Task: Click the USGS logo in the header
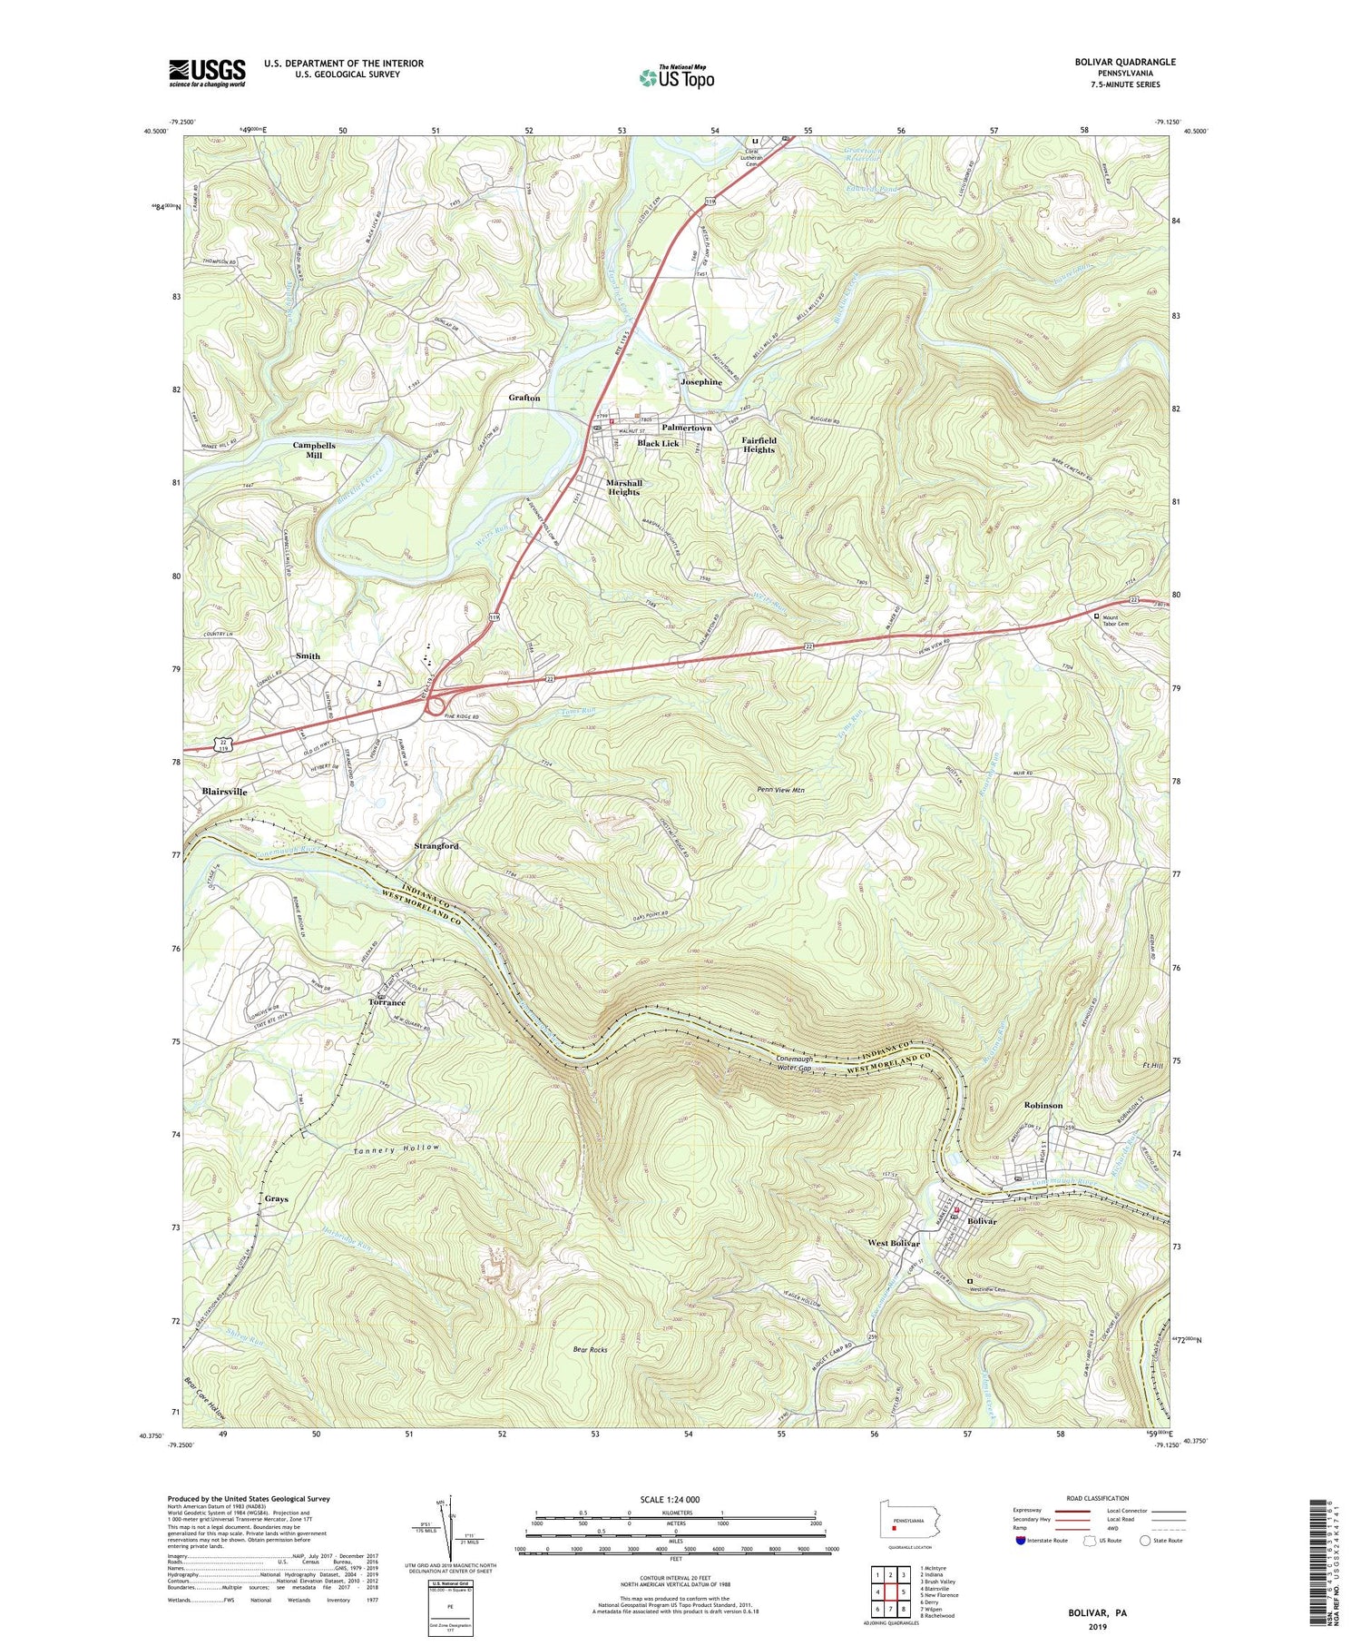(207, 73)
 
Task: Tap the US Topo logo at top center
(676, 78)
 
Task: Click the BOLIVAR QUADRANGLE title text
(1125, 62)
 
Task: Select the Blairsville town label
(224, 792)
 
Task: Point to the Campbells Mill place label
(314, 450)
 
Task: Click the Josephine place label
(701, 382)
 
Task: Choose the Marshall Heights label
(623, 488)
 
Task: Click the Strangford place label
(436, 846)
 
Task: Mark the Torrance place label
(387, 1002)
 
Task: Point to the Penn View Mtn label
(781, 790)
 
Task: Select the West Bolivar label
(894, 1243)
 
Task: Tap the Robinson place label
(1043, 1105)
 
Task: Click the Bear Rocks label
(591, 1350)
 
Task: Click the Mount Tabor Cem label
(1120, 620)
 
